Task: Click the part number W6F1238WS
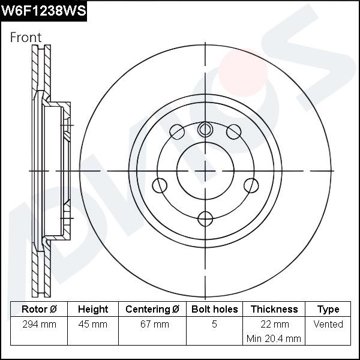(x=44, y=11)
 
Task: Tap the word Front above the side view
(x=26, y=37)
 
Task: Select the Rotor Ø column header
(x=39, y=309)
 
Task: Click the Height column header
(x=93, y=309)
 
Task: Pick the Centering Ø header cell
(x=152, y=309)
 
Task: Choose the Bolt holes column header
(x=214, y=309)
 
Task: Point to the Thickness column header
(x=274, y=309)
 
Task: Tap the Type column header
(x=328, y=310)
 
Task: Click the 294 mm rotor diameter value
(x=39, y=325)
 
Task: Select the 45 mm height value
(x=93, y=325)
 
